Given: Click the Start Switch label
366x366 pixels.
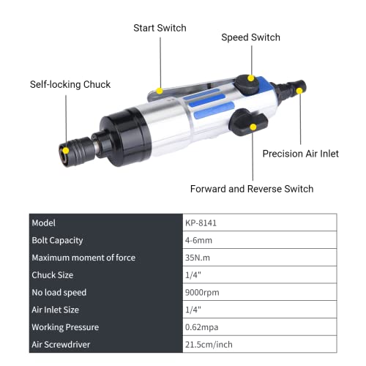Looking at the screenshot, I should (160, 28).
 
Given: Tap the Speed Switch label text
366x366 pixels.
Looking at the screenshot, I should (250, 37).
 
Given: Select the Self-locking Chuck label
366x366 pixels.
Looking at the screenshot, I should (70, 84).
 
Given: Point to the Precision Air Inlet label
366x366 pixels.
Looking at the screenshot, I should (301, 154).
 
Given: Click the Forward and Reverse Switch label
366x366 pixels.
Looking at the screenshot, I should (252, 189).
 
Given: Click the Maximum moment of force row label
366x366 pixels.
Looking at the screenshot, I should (83, 257).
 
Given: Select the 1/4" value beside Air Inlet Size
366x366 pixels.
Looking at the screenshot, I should (193, 310).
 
